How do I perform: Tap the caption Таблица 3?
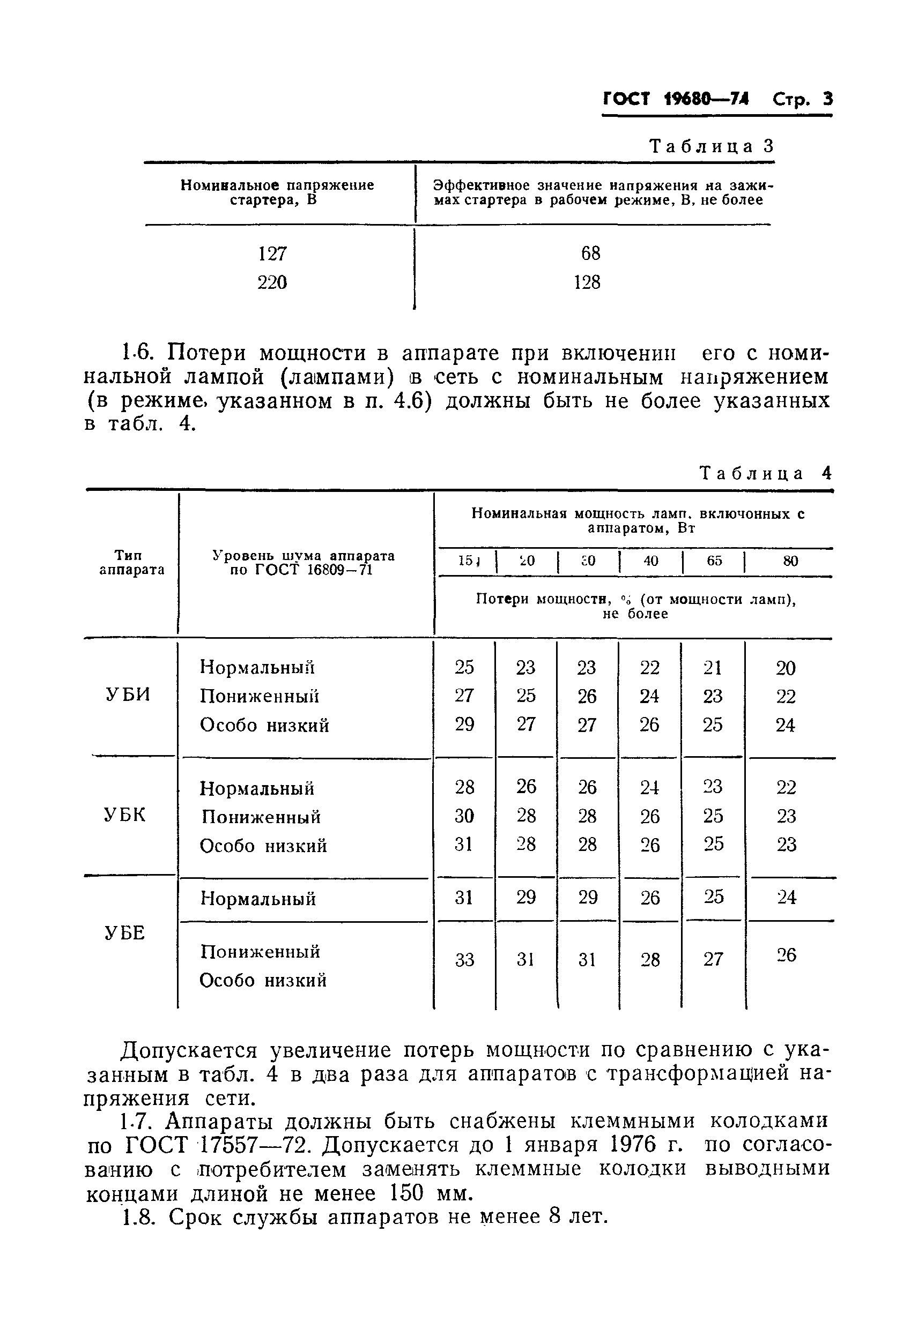[x=712, y=147]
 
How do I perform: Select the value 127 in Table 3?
[x=272, y=253]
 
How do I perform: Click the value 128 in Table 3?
[x=587, y=282]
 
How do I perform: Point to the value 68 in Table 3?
[x=590, y=253]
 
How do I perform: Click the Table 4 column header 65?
[x=714, y=561]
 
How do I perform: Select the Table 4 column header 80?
[x=790, y=561]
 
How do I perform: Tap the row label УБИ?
[x=128, y=695]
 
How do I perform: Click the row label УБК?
[x=125, y=815]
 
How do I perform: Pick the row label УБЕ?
[x=125, y=933]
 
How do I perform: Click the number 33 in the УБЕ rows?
[x=464, y=960]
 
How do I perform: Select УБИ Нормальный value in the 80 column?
[x=786, y=668]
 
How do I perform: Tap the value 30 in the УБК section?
[x=464, y=816]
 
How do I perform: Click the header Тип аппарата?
[x=132, y=562]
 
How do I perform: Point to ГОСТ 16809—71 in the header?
[x=301, y=570]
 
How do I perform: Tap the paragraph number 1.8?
[x=137, y=1217]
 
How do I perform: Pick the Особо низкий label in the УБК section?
[x=263, y=846]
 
